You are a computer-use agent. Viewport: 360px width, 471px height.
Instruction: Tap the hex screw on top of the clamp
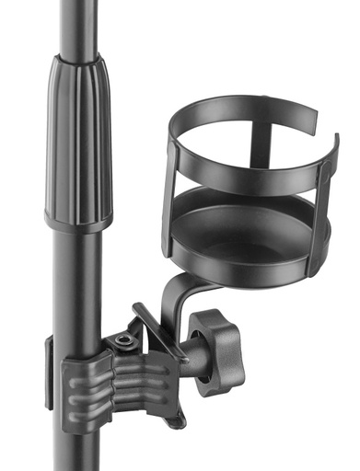[x=124, y=342]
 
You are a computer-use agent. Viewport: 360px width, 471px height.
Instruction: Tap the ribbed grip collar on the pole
[x=78, y=138]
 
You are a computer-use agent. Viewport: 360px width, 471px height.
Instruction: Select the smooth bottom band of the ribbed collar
[x=78, y=221]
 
